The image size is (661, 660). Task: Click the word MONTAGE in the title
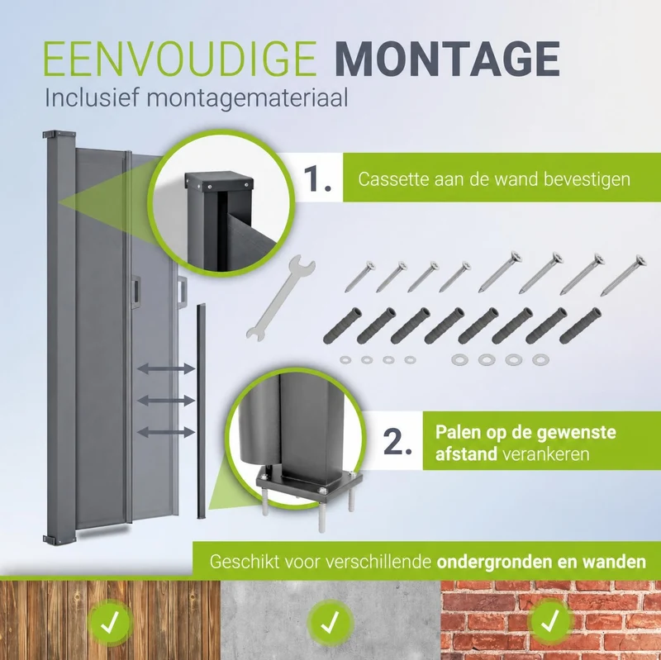(x=449, y=59)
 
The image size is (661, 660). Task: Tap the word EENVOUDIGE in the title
(x=179, y=59)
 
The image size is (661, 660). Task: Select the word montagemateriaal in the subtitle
(x=247, y=99)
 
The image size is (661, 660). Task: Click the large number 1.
(x=317, y=178)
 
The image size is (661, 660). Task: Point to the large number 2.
(x=397, y=442)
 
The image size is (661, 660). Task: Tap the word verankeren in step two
(x=546, y=454)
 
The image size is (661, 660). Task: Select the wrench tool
(x=281, y=297)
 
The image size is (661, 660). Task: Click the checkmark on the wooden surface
(x=110, y=623)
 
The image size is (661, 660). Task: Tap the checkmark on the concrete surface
(x=330, y=623)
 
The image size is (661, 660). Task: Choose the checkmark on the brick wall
(x=550, y=621)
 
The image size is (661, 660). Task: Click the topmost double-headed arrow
(x=166, y=369)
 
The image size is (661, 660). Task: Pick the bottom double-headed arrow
(x=166, y=431)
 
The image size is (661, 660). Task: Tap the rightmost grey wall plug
(x=580, y=325)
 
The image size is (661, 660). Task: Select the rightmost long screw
(x=623, y=275)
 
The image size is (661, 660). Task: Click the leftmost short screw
(x=360, y=277)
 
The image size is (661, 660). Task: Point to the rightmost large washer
(x=540, y=360)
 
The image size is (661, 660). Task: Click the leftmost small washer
(x=345, y=359)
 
